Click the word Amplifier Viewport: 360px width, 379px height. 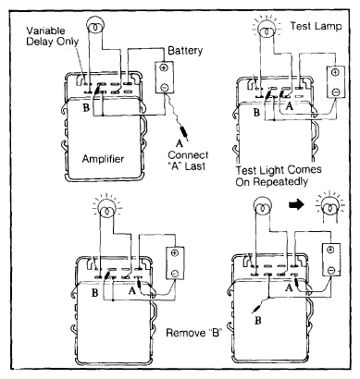tap(103, 159)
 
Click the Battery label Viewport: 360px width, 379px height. tap(185, 51)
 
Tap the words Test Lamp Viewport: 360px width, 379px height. tap(316, 26)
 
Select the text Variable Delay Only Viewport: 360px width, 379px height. tap(52, 36)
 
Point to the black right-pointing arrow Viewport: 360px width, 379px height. tap(297, 205)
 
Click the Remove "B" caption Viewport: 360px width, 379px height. tap(194, 333)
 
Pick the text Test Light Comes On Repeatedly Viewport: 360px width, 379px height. tap(279, 176)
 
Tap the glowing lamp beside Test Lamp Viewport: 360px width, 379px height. tap(267, 28)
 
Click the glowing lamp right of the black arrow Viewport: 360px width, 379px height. tap(329, 205)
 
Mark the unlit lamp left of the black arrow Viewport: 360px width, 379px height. tap(262, 205)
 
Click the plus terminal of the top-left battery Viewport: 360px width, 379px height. tap(164, 67)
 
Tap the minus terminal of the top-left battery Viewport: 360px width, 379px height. tap(164, 88)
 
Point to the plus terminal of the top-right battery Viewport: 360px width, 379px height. tap(336, 72)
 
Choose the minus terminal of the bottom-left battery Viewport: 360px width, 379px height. tap(175, 274)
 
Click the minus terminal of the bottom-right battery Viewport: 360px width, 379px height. tap(330, 270)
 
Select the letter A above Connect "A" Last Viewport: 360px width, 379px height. tap(180, 144)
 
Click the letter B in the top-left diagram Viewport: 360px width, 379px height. tap(86, 108)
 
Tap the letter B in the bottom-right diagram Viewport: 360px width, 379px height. tap(258, 321)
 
